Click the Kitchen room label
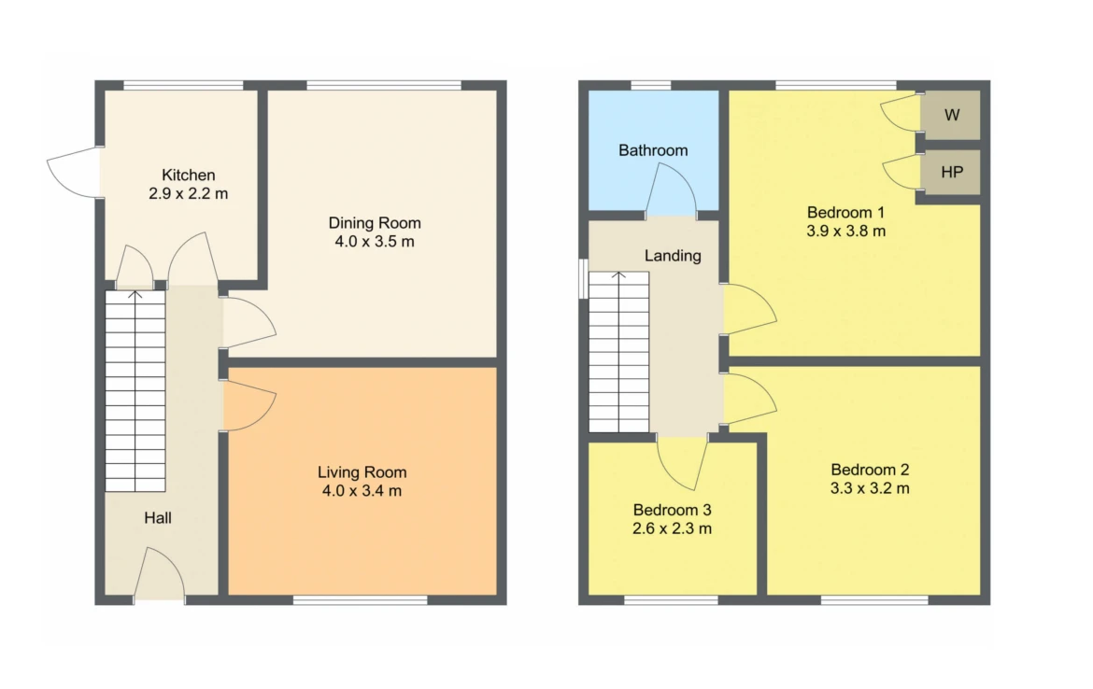click(x=188, y=175)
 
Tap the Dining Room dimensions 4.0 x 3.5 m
click(x=375, y=242)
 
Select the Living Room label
click(x=362, y=472)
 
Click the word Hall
click(x=158, y=517)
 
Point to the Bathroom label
click(x=653, y=150)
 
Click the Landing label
click(x=673, y=256)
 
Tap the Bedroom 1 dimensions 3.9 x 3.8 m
click(x=846, y=232)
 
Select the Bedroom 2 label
click(x=870, y=470)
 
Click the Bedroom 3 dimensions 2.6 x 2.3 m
click(x=672, y=528)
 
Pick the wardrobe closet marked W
click(x=952, y=115)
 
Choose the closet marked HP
click(x=952, y=172)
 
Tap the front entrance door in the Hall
click(x=159, y=572)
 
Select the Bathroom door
click(x=671, y=190)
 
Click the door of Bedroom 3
click(x=683, y=462)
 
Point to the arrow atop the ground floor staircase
click(x=135, y=295)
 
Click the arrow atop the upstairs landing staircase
click(x=619, y=275)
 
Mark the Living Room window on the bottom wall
click(x=360, y=599)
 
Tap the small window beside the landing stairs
click(x=584, y=278)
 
